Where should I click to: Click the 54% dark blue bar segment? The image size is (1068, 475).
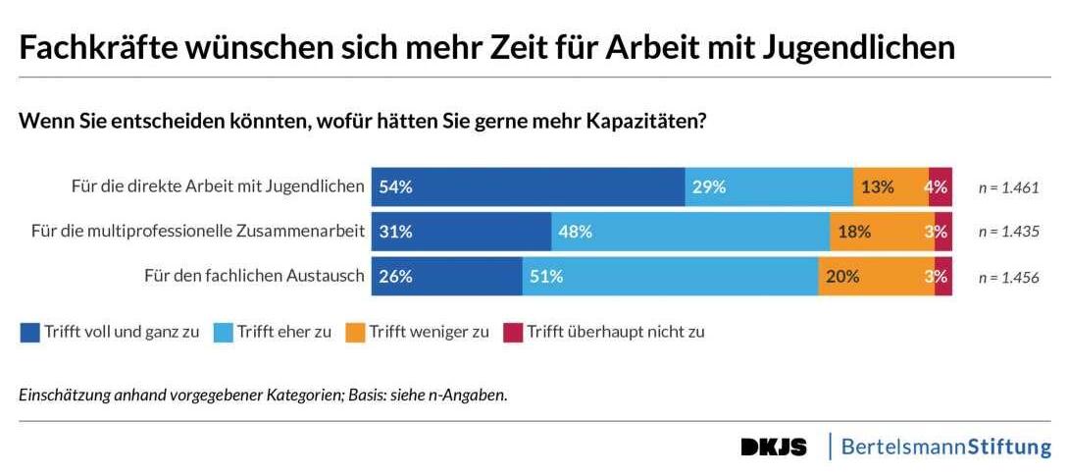click(x=528, y=186)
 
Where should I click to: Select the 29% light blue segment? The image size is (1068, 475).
click(x=769, y=186)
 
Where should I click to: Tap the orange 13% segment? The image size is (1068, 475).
click(x=890, y=186)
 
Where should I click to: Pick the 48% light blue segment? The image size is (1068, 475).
click(x=690, y=232)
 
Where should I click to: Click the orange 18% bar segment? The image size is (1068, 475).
click(x=882, y=232)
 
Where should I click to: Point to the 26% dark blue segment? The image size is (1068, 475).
click(x=447, y=276)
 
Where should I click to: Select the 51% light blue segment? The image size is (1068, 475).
click(x=670, y=276)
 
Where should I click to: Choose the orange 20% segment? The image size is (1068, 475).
click(x=876, y=276)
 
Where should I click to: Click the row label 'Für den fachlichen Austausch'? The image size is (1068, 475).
click(x=255, y=276)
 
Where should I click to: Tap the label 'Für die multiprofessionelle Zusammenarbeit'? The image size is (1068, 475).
click(x=198, y=232)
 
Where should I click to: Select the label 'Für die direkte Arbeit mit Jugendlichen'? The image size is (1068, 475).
click(x=219, y=186)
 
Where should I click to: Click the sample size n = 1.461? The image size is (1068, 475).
click(x=1008, y=187)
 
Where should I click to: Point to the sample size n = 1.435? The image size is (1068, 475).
click(x=1008, y=233)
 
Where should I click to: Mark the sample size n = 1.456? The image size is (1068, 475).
click(x=1008, y=277)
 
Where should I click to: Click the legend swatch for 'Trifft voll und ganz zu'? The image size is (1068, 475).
click(x=29, y=332)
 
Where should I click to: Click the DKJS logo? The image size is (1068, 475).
click(x=774, y=448)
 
